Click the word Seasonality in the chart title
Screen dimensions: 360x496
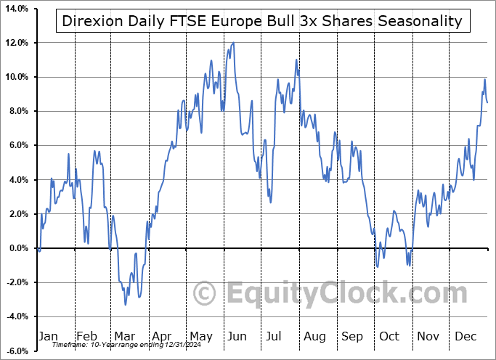click(x=418, y=20)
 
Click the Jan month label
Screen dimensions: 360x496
click(x=47, y=337)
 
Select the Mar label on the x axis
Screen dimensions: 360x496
click(x=124, y=337)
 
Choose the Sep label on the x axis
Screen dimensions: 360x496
click(x=354, y=337)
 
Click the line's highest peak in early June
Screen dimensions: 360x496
click(x=233, y=43)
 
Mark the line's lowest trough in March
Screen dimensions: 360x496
click(x=125, y=304)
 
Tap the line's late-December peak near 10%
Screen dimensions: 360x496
click(x=484, y=79)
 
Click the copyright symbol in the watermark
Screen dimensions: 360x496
click(x=206, y=294)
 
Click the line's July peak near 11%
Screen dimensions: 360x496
click(x=296, y=60)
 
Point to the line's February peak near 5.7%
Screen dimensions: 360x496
click(x=94, y=151)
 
